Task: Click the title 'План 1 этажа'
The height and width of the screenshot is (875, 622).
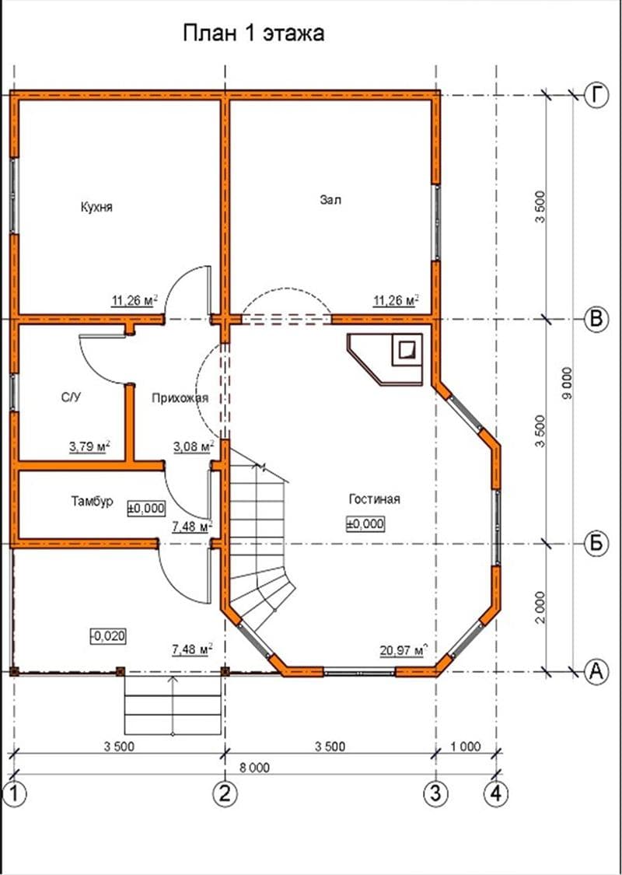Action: point(253,33)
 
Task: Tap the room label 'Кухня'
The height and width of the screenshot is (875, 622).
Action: point(96,207)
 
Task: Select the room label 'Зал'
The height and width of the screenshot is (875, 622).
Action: point(330,200)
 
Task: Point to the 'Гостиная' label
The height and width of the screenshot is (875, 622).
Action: point(374,499)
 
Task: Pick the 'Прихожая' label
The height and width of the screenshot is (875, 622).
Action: point(180,398)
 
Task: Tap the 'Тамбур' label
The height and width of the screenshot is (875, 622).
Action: point(92,501)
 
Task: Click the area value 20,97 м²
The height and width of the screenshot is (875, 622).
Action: point(404,649)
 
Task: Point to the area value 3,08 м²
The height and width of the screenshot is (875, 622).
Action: point(194,446)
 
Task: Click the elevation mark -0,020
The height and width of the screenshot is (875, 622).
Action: point(108,635)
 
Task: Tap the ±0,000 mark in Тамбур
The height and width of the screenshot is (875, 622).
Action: point(147,507)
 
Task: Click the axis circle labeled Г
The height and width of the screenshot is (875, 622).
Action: point(596,96)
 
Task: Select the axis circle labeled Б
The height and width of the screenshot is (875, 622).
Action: point(596,544)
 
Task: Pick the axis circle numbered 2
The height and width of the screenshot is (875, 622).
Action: point(225,793)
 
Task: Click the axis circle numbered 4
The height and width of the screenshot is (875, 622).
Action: point(496,793)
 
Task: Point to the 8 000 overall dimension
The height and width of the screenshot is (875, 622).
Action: point(254,768)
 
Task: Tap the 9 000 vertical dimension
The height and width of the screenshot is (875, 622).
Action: point(567,383)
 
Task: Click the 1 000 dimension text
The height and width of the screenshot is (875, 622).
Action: point(464,747)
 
